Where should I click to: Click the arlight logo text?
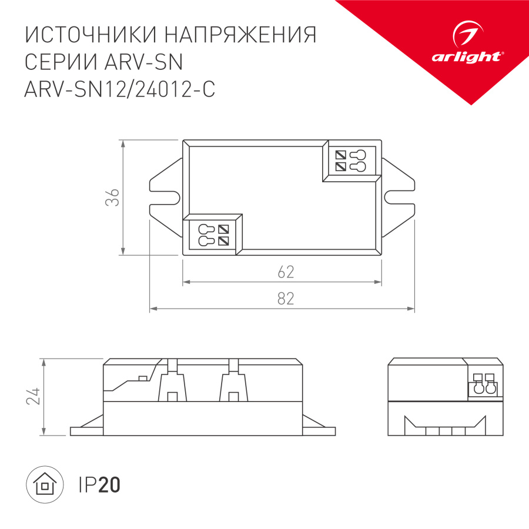coord(467,56)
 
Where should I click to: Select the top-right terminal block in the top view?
coord(350,161)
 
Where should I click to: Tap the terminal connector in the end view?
coord(482,386)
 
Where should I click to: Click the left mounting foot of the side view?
coord(87,428)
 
